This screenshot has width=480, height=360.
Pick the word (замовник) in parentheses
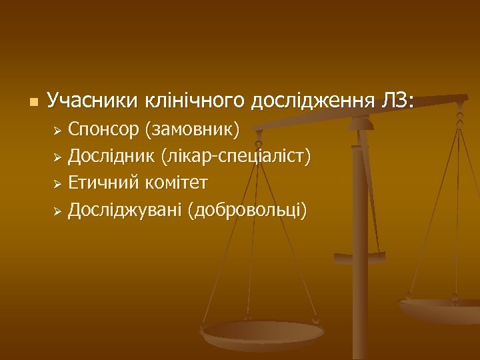pyautogui.click(x=193, y=129)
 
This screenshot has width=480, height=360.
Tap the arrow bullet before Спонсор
pyautogui.click(x=58, y=129)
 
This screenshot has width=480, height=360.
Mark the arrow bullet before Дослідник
pyautogui.click(x=58, y=157)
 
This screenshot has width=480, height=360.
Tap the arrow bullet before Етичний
pyautogui.click(x=58, y=184)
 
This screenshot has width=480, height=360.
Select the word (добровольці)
pyautogui.click(x=248, y=211)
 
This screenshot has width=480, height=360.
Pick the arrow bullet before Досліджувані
pyautogui.click(x=58, y=211)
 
